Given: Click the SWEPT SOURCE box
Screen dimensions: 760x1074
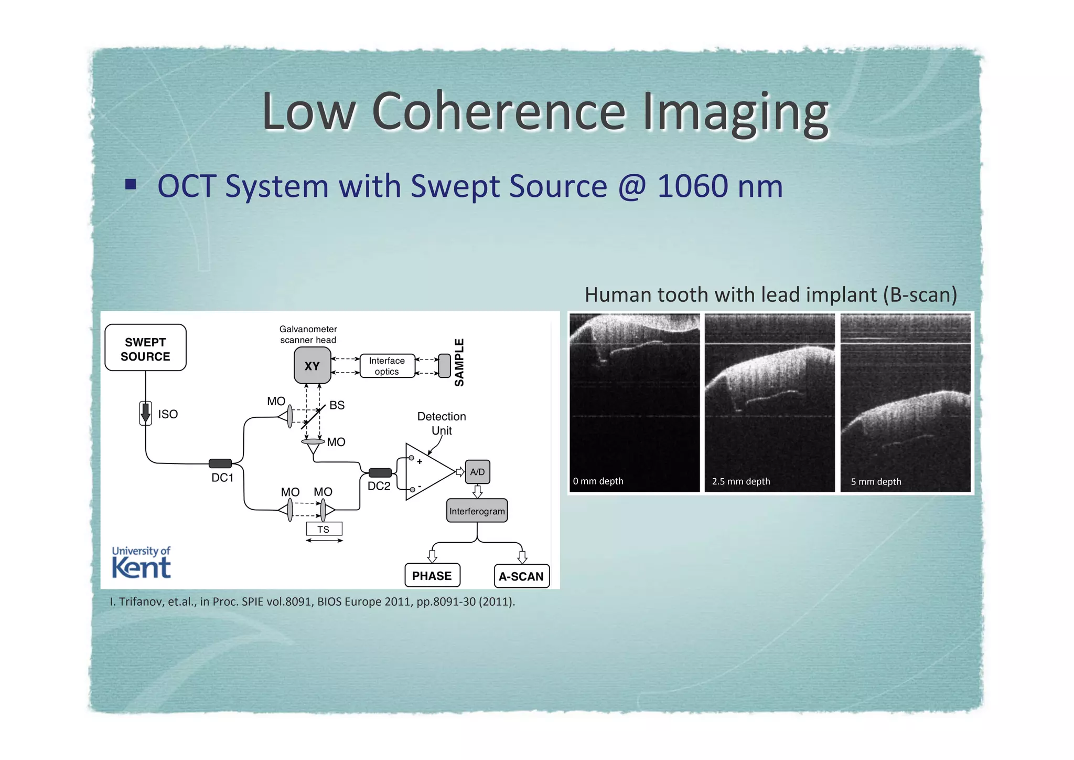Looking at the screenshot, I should pyautogui.click(x=145, y=349).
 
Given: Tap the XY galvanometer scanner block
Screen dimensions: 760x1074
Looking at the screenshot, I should pyautogui.click(x=312, y=366).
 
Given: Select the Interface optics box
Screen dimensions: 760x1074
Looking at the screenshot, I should pyautogui.click(x=387, y=366).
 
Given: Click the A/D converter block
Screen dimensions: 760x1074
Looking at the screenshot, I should pyautogui.click(x=477, y=472).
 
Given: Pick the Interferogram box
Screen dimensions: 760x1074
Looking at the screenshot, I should pyautogui.click(x=477, y=511).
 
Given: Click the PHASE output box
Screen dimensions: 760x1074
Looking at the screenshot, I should pyautogui.click(x=432, y=576).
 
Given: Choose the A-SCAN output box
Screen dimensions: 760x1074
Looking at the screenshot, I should pyautogui.click(x=521, y=576).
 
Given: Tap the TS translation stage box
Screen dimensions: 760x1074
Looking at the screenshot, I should pyautogui.click(x=324, y=529).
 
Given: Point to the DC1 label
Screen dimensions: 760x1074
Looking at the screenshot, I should pyautogui.click(x=222, y=478).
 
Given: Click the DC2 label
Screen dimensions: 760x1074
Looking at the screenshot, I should pyautogui.click(x=379, y=486).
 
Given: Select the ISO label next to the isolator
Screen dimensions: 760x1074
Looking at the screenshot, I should pyautogui.click(x=168, y=414).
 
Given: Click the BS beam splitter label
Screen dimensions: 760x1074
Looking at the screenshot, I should pyautogui.click(x=337, y=405).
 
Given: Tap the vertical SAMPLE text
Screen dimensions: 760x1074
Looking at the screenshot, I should pyautogui.click(x=459, y=362).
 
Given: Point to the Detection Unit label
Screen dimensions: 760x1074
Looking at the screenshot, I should pyautogui.click(x=442, y=423).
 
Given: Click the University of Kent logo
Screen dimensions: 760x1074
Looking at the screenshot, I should pyautogui.click(x=141, y=563).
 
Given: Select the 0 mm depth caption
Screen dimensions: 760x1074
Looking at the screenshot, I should pyautogui.click(x=598, y=481).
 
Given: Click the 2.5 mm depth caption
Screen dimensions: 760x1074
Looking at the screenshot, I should pyautogui.click(x=740, y=481).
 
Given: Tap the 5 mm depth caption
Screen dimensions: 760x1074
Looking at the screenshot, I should pyautogui.click(x=876, y=481).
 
